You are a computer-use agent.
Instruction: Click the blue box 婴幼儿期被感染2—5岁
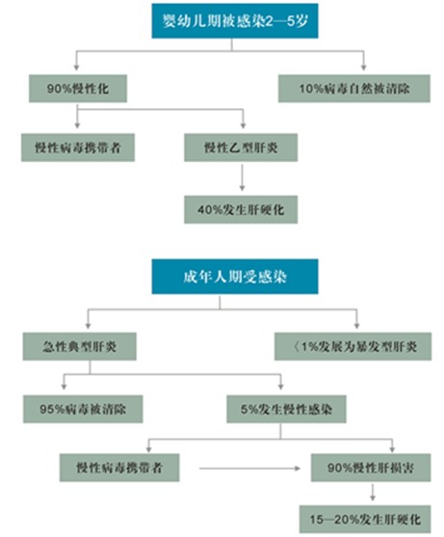click(235, 21)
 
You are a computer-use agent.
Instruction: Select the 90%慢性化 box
click(78, 89)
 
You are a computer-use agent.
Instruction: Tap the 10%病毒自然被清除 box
click(354, 89)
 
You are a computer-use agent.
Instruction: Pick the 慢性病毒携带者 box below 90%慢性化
click(78, 148)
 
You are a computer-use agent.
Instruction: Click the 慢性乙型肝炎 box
click(241, 148)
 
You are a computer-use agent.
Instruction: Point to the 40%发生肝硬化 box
click(241, 209)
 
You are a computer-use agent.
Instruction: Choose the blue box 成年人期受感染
click(235, 277)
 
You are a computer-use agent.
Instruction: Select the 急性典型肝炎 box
click(79, 346)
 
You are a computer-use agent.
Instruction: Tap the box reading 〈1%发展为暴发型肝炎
click(353, 346)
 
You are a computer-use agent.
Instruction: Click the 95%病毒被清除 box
click(83, 409)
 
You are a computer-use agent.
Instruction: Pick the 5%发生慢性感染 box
click(286, 409)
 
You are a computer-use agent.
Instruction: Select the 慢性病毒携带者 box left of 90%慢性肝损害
click(119, 468)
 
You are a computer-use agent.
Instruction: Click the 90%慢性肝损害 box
click(371, 468)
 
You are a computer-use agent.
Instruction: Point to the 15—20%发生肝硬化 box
click(365, 520)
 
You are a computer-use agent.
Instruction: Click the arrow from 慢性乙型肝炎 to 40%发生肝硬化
click(242, 177)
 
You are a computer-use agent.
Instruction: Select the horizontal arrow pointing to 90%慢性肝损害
click(249, 469)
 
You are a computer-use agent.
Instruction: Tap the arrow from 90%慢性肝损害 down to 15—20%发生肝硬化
click(373, 492)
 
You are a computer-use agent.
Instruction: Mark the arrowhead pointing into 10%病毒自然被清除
click(364, 67)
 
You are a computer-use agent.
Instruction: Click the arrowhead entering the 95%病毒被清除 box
click(64, 386)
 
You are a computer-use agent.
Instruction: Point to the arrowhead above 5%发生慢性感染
click(281, 386)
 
